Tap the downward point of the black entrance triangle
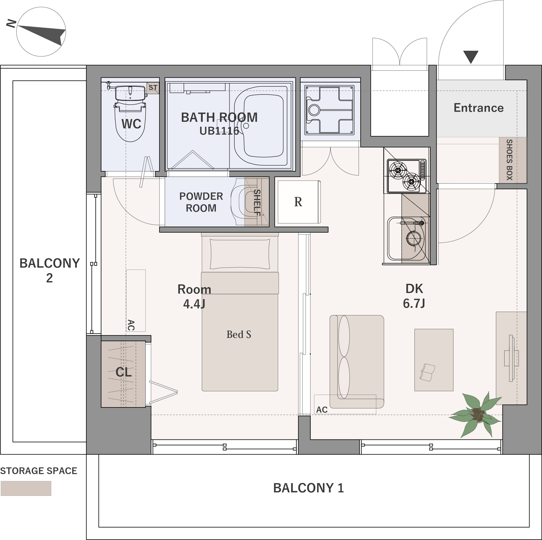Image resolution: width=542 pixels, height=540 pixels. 471,63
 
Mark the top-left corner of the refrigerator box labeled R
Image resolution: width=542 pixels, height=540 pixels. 275,177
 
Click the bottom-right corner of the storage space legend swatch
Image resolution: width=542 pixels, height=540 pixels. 51,496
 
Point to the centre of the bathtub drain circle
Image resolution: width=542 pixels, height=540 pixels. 246,126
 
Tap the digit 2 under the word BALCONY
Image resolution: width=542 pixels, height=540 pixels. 49,278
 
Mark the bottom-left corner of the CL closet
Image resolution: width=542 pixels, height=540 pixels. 101,407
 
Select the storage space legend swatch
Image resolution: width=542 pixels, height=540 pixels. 26,488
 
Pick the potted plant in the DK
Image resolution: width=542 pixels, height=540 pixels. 476,414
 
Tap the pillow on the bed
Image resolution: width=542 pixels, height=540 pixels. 240,254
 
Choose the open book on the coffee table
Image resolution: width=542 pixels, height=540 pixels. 427,372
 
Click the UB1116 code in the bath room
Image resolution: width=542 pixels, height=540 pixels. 219,131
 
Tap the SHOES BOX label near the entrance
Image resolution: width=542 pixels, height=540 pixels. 509,160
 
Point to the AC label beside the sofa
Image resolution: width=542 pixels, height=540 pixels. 322,410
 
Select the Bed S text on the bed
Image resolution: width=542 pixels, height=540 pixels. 239,334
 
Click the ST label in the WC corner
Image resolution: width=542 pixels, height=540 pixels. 153,88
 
